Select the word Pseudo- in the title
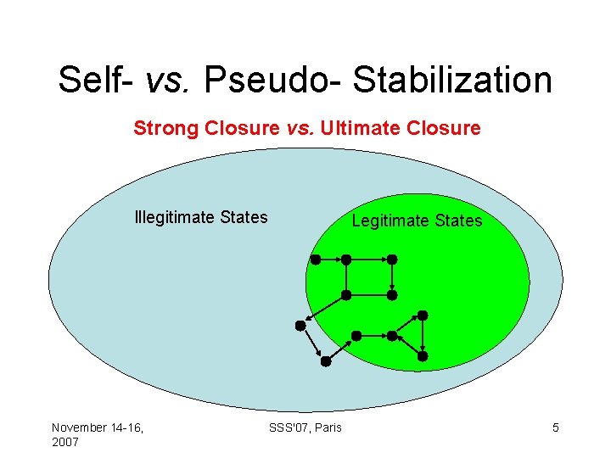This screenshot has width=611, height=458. point(275,81)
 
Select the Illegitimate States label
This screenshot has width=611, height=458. point(201,217)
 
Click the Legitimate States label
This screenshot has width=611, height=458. point(417,221)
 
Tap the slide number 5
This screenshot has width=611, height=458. point(556,427)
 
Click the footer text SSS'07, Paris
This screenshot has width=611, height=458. point(305,427)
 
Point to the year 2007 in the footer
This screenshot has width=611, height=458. point(65,442)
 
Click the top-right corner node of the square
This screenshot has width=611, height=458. point(392,259)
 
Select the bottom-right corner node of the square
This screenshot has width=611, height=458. point(392,295)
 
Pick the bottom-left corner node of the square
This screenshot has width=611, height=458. point(346,295)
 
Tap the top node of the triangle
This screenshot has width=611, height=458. point(423,316)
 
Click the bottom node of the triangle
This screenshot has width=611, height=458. point(423,351)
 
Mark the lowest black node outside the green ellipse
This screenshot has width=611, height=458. point(326,361)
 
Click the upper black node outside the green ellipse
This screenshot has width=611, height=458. point(300,325)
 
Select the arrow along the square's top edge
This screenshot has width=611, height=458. point(369,259)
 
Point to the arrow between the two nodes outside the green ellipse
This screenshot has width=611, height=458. point(312,343)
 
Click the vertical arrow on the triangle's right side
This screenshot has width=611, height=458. point(423,333)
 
